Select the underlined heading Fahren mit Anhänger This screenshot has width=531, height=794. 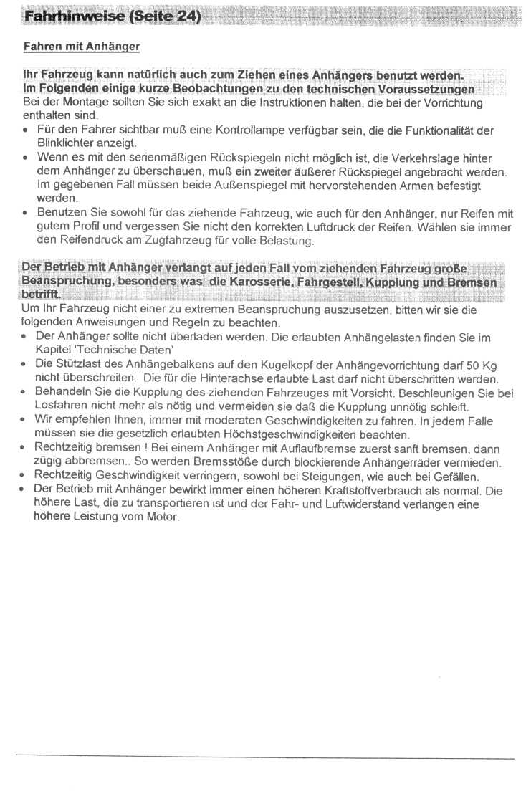tap(81, 47)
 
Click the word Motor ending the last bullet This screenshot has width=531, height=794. tap(162, 518)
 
